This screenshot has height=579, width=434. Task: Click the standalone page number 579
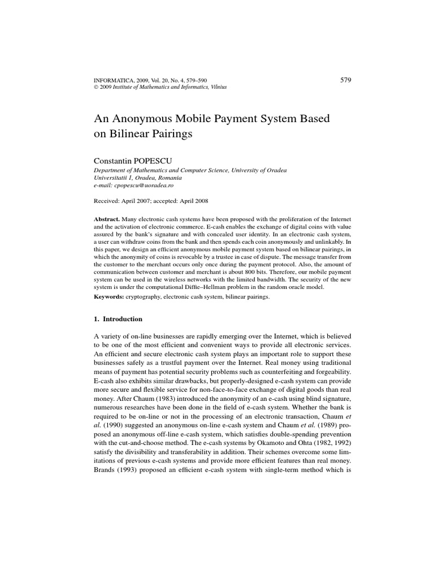[346, 80]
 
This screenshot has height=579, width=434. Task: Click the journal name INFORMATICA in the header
[111, 81]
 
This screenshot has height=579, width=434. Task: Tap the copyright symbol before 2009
[96, 88]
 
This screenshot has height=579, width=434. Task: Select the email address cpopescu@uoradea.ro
[147, 184]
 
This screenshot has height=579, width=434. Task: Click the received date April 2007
[132, 200]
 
